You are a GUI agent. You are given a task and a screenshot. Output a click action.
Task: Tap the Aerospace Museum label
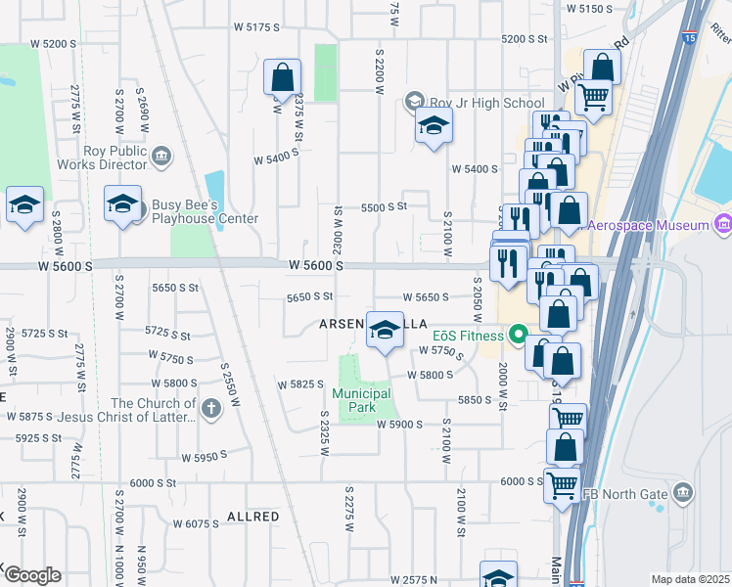click(646, 226)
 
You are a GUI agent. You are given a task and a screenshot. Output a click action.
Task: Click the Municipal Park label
click(361, 400)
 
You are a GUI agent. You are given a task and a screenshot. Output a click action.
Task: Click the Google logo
click(31, 575)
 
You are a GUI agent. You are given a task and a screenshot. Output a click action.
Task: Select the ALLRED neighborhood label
click(253, 516)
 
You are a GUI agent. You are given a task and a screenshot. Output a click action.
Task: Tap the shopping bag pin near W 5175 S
click(282, 77)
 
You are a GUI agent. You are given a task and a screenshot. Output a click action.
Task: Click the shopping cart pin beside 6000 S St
click(563, 483)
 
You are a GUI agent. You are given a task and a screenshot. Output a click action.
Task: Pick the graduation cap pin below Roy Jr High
click(434, 126)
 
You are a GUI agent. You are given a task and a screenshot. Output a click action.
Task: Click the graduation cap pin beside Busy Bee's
click(122, 204)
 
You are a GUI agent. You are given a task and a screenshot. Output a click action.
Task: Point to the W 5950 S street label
click(204, 455)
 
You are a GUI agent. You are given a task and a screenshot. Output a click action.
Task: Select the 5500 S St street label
click(383, 207)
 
